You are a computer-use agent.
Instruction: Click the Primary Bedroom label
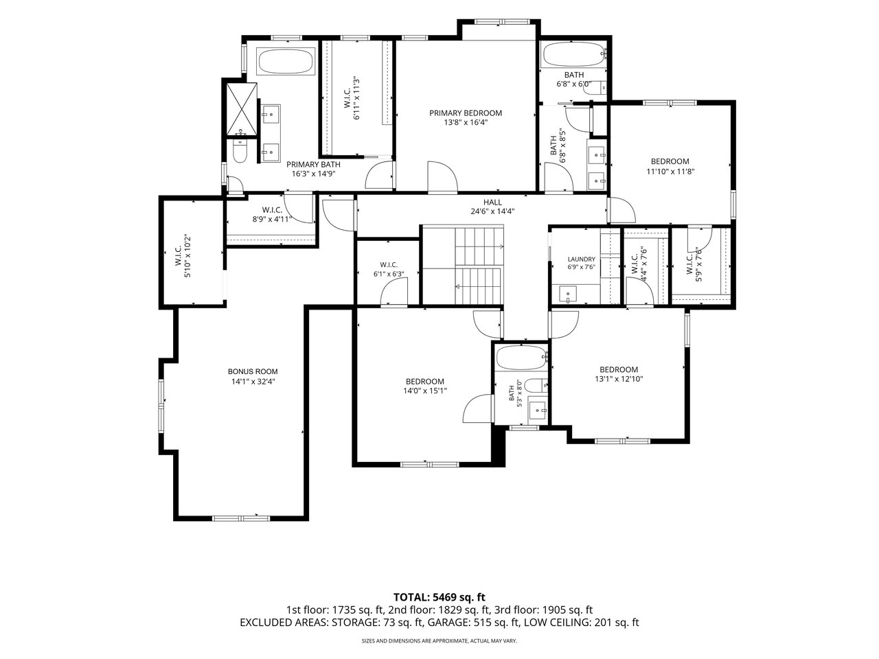pos(466,113)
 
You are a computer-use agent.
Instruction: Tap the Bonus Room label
pos(253,371)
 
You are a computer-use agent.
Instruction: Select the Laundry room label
pos(581,259)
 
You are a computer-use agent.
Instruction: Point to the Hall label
pos(492,203)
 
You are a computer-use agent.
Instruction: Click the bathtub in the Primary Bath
pos(286,61)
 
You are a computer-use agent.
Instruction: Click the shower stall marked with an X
pos(242,110)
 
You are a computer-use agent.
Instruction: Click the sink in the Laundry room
pos(568,294)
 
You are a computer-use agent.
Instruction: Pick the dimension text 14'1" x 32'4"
pos(253,382)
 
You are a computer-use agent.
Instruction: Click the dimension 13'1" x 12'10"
pos(619,380)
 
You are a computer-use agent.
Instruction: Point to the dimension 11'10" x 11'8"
pos(670,172)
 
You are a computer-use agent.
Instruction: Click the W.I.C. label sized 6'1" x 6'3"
pos(389,265)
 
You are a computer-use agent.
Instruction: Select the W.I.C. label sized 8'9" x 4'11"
pos(273,210)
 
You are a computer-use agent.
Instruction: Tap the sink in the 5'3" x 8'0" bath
pos(538,410)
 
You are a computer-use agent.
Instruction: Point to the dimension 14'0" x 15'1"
pos(425,391)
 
